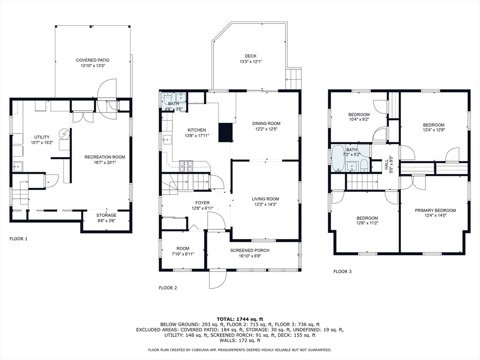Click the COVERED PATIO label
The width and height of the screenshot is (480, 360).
[92, 60]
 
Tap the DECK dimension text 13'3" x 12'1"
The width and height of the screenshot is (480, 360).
[250, 61]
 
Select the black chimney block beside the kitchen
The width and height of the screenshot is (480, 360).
[225, 132]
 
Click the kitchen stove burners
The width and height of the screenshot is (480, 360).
[186, 165]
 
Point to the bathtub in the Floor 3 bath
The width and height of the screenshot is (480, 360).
[338, 158]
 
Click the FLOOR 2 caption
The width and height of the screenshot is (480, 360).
[168, 288]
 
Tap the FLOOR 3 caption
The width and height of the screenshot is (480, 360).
[343, 271]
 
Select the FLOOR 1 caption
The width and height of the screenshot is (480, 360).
[18, 239]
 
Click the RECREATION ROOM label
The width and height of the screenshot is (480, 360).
[105, 157]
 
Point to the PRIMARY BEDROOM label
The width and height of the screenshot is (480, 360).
[435, 210]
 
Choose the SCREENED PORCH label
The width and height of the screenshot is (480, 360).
[250, 250]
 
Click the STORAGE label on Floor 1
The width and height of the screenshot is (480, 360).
[106, 215]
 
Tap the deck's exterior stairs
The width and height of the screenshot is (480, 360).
[294, 79]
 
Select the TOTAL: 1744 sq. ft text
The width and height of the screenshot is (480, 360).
[240, 319]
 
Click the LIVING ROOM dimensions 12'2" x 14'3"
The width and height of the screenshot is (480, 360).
[265, 204]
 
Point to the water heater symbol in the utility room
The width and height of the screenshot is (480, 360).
[65, 134]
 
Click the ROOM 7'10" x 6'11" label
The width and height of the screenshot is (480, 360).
[183, 251]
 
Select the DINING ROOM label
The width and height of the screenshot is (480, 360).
[266, 124]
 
